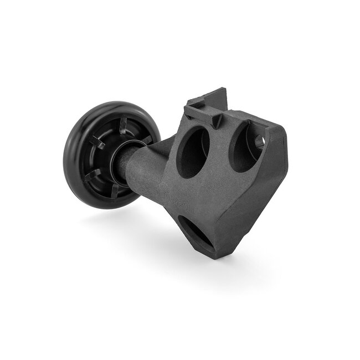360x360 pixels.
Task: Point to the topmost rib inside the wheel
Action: pos(123,123)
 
